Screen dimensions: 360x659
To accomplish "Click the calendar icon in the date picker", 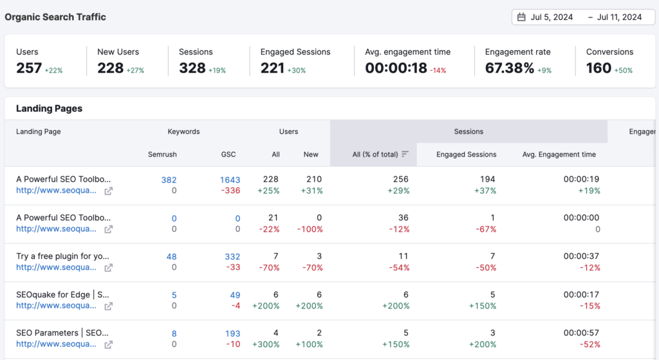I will pos(521,17).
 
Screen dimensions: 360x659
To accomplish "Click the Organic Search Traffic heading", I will pos(55,17).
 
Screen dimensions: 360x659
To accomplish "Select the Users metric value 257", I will pos(29,68).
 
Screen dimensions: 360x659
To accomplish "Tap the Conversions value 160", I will pos(599,68).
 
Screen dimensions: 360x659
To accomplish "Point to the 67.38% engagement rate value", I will pos(510,68).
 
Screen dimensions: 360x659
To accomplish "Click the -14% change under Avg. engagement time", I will pos(439,70).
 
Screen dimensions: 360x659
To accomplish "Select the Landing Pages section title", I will pos(49,109).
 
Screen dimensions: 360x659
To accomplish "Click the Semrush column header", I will pos(162,155).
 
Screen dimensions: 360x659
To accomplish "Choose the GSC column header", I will pos(228,155).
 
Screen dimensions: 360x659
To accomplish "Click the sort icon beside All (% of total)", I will pos(405,155).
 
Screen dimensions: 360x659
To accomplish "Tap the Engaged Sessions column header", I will pos(466,155).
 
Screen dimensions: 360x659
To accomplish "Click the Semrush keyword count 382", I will pos(169,180).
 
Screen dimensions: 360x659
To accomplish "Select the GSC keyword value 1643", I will pos(230,180).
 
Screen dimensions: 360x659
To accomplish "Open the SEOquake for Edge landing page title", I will pos(63,294).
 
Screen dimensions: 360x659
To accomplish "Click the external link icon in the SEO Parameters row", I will pos(109,345).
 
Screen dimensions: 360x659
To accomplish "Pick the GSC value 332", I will pos(232,257).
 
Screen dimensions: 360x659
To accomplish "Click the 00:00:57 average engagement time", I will pos(582,334).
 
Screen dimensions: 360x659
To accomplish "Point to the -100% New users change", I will pos(311,229).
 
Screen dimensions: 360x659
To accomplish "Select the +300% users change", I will pos(267,344).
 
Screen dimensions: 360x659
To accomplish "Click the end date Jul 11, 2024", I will pos(619,17).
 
